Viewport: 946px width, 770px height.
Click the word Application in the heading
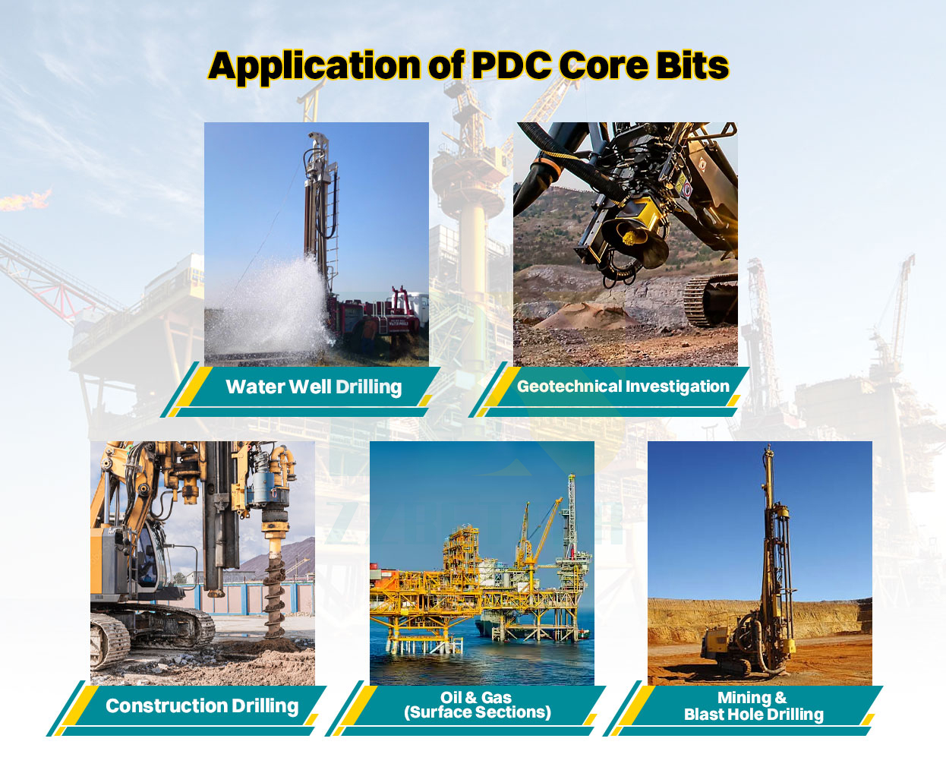coord(314,65)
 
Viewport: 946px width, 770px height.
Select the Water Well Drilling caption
coord(314,387)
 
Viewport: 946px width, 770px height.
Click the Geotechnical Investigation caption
coord(623,387)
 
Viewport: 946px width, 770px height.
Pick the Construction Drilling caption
coord(202,706)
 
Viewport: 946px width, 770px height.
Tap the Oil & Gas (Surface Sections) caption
coord(477,705)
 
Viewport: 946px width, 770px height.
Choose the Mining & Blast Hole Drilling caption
coord(753,706)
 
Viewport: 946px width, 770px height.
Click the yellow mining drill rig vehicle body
coord(729,645)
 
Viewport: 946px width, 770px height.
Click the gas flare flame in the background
coord(23,200)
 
